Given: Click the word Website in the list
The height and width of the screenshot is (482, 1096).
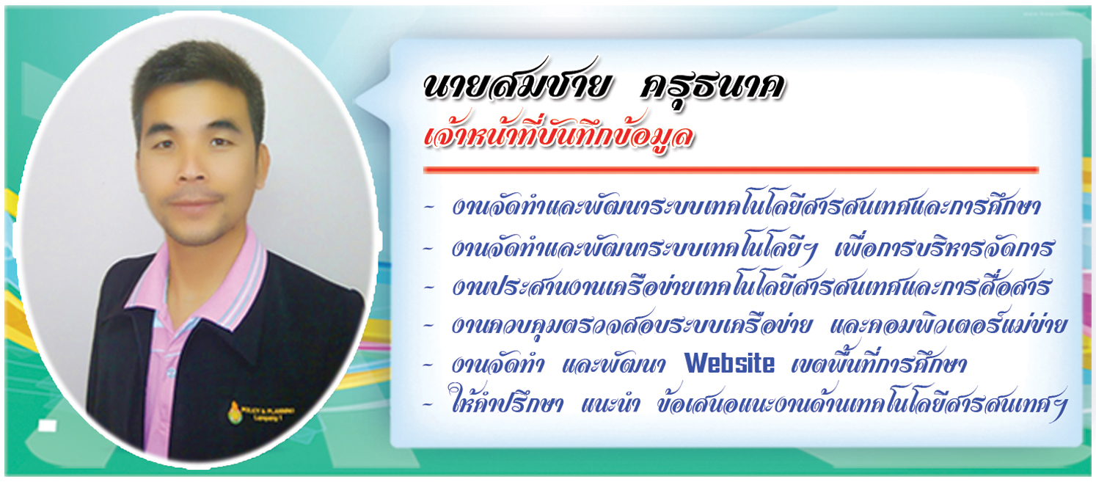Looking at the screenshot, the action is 729,363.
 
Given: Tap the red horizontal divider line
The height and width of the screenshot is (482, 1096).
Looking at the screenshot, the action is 731,169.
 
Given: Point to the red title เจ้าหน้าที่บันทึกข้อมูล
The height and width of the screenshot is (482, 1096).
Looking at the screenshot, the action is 558,134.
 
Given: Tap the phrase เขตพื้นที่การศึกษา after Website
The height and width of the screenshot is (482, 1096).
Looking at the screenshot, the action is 879,363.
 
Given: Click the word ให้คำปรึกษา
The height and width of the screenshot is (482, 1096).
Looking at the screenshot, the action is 505,402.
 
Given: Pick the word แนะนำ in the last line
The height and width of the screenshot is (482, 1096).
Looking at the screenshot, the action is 610,404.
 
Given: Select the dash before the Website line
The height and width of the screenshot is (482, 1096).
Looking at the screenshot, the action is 428,365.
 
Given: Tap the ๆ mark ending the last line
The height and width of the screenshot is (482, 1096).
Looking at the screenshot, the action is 1056,408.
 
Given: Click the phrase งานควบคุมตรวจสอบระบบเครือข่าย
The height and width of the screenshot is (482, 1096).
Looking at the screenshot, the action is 632,324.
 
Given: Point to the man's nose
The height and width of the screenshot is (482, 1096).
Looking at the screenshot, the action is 193,169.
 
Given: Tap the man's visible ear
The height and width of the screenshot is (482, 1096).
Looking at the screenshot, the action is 262,167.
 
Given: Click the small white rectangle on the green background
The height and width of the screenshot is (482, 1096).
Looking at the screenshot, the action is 47,426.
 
